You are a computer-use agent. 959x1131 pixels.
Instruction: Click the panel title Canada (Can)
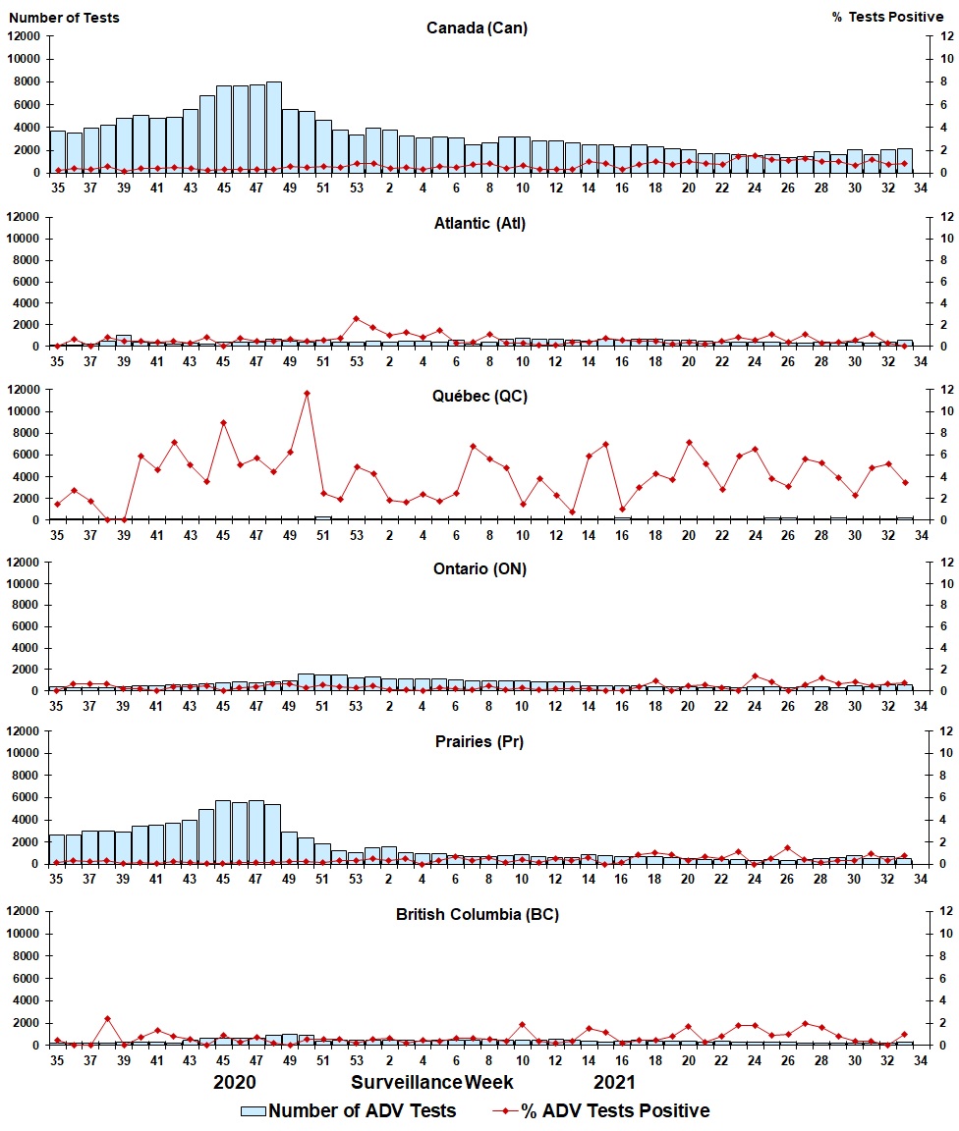click(x=477, y=27)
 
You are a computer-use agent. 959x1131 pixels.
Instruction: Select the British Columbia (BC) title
click(x=478, y=914)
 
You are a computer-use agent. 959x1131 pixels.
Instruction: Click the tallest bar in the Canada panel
click(x=273, y=128)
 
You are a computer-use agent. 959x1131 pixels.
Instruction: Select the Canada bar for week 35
click(x=57, y=152)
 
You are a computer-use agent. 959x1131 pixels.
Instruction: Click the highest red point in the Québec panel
click(x=307, y=394)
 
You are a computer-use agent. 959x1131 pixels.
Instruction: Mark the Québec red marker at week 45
click(x=224, y=423)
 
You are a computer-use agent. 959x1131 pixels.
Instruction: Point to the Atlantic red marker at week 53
click(x=357, y=319)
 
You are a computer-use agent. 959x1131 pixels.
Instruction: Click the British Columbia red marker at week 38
click(x=107, y=1019)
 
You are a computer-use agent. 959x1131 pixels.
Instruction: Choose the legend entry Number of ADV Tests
click(x=349, y=1110)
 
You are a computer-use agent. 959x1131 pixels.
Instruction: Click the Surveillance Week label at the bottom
click(x=432, y=1082)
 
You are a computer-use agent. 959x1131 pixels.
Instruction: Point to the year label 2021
click(x=614, y=1082)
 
